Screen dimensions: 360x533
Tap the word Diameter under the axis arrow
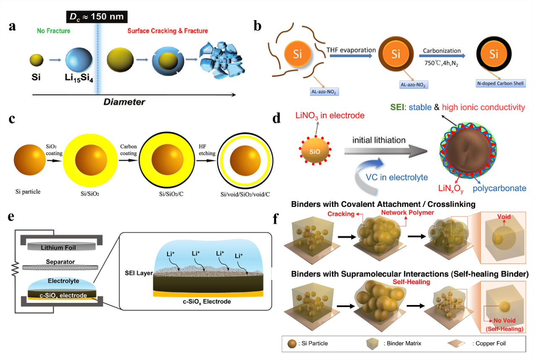(x=125, y=102)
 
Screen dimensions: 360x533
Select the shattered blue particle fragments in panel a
(x=217, y=60)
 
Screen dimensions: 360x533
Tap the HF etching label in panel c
(x=207, y=151)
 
